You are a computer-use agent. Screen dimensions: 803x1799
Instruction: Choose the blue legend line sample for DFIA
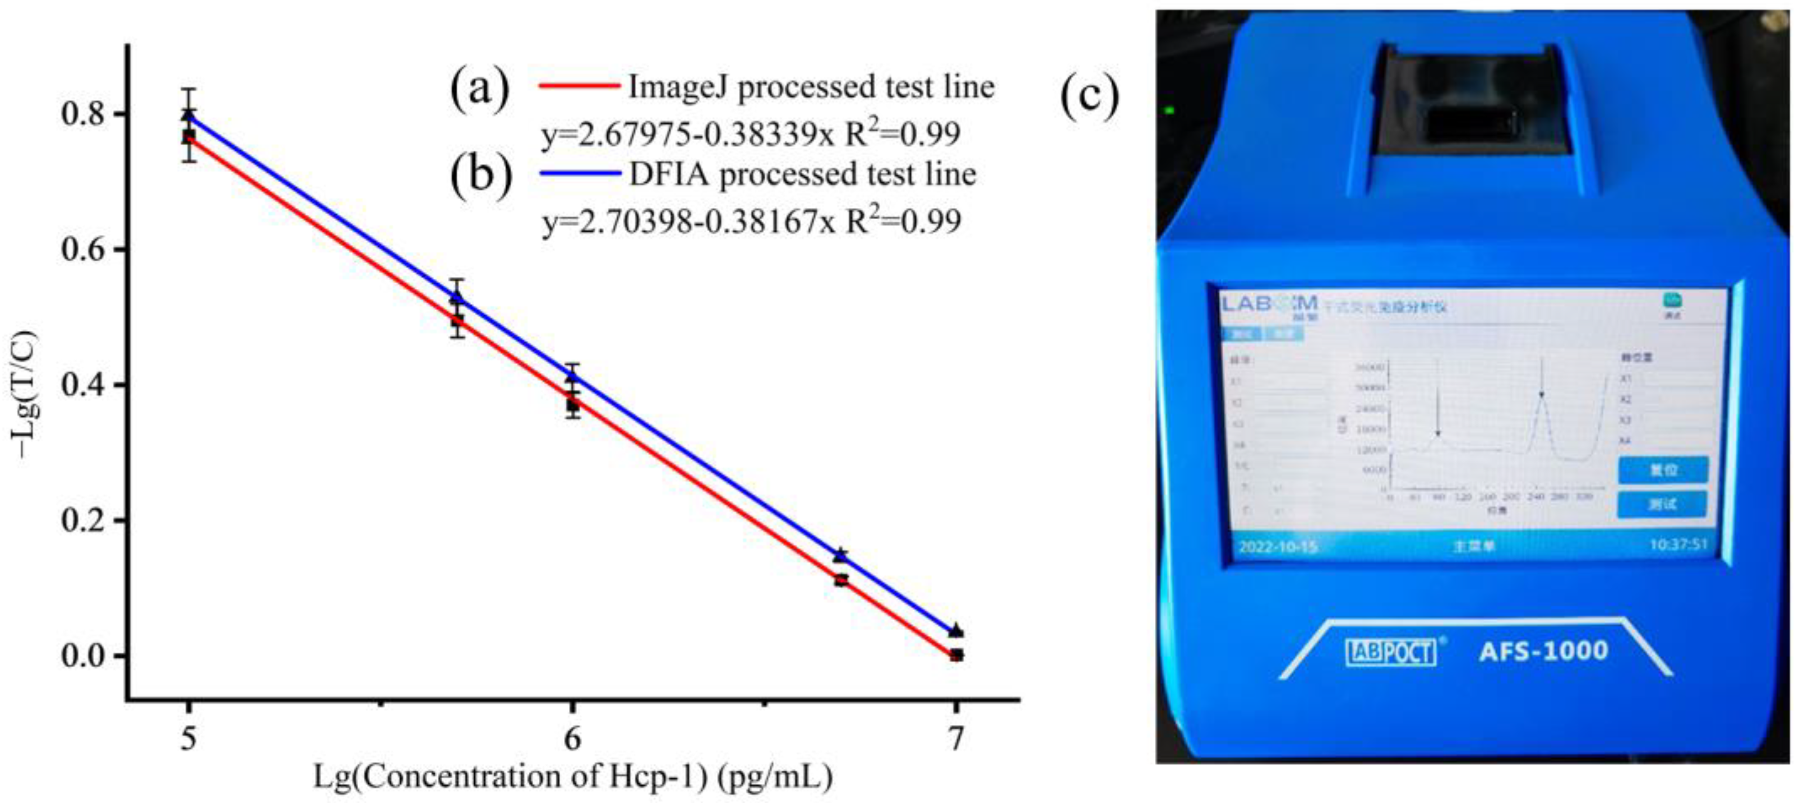pyautogui.click(x=580, y=174)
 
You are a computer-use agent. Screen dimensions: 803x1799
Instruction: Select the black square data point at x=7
pyautogui.click(x=956, y=655)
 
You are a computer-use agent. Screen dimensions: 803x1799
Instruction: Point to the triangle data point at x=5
pyautogui.click(x=188, y=114)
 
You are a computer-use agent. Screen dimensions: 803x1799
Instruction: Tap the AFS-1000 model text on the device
pyautogui.click(x=1543, y=652)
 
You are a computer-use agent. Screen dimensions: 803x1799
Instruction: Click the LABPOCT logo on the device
pyautogui.click(x=1390, y=652)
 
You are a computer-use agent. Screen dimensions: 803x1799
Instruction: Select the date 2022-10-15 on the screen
pyautogui.click(x=1277, y=546)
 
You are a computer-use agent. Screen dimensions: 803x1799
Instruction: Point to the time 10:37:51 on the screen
pyautogui.click(x=1678, y=544)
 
